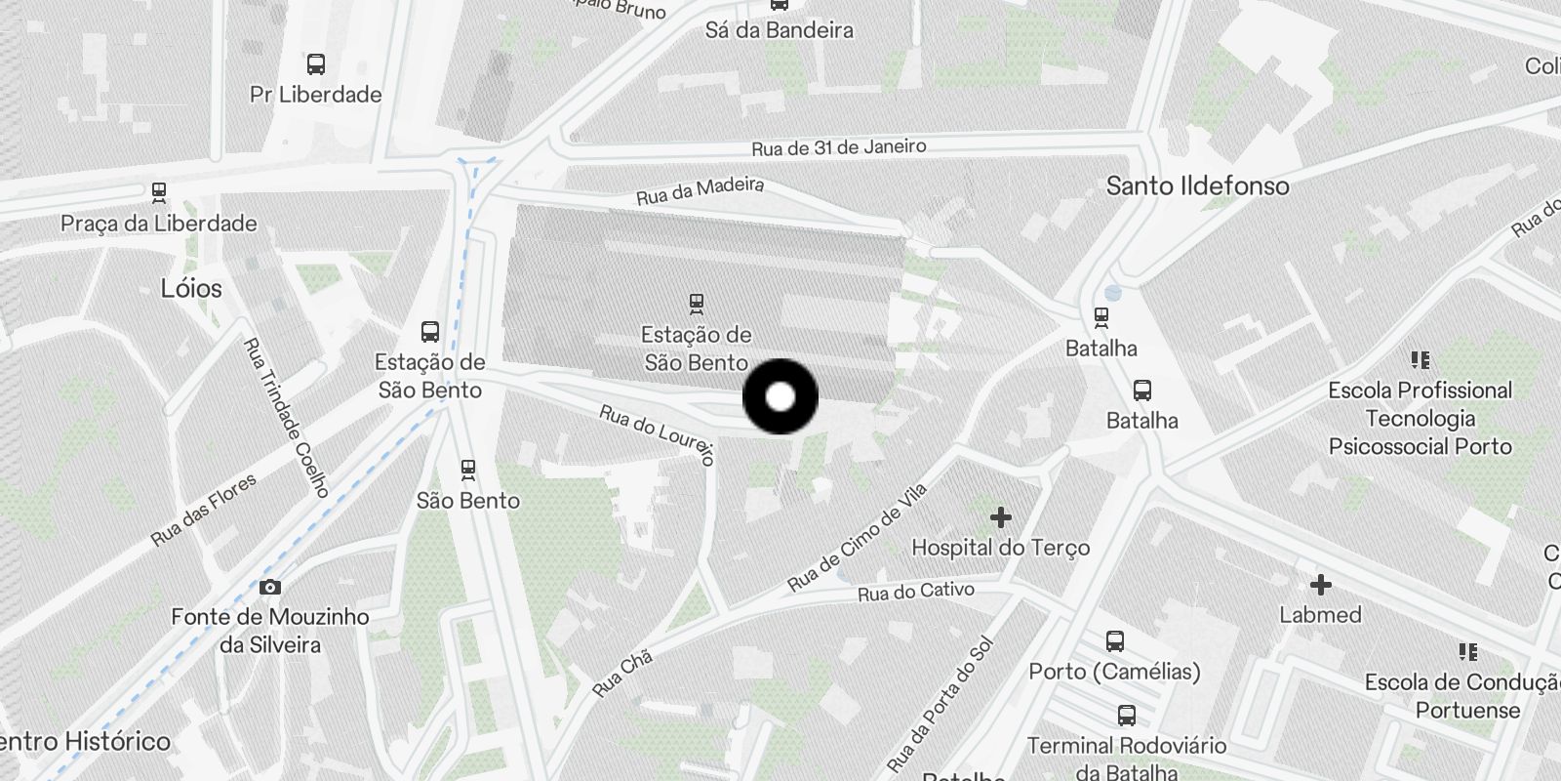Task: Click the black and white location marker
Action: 780,397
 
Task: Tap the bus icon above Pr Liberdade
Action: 315,64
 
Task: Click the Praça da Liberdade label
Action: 159,224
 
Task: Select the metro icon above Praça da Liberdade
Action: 159,191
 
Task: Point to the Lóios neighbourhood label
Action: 191,288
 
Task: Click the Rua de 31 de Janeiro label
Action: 838,147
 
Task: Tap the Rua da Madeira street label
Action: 700,189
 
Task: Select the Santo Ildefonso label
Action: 1197,185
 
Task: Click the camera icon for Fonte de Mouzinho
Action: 270,587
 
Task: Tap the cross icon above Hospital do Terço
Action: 1000,516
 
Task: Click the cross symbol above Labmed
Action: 1320,585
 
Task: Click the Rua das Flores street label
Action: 204,510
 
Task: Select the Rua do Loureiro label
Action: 658,434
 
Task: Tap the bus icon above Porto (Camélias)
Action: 1115,641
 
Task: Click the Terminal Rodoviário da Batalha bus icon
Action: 1127,716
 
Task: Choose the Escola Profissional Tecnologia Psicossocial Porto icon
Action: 1421,360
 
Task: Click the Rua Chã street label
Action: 621,674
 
